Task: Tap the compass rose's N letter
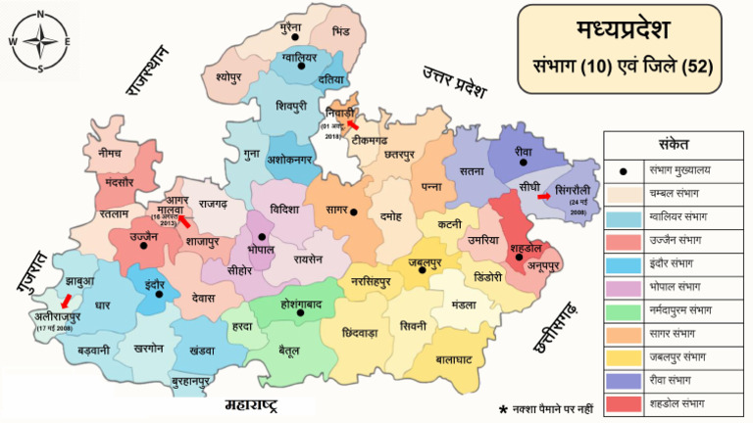coord(40,14)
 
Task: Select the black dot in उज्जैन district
coord(144,247)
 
